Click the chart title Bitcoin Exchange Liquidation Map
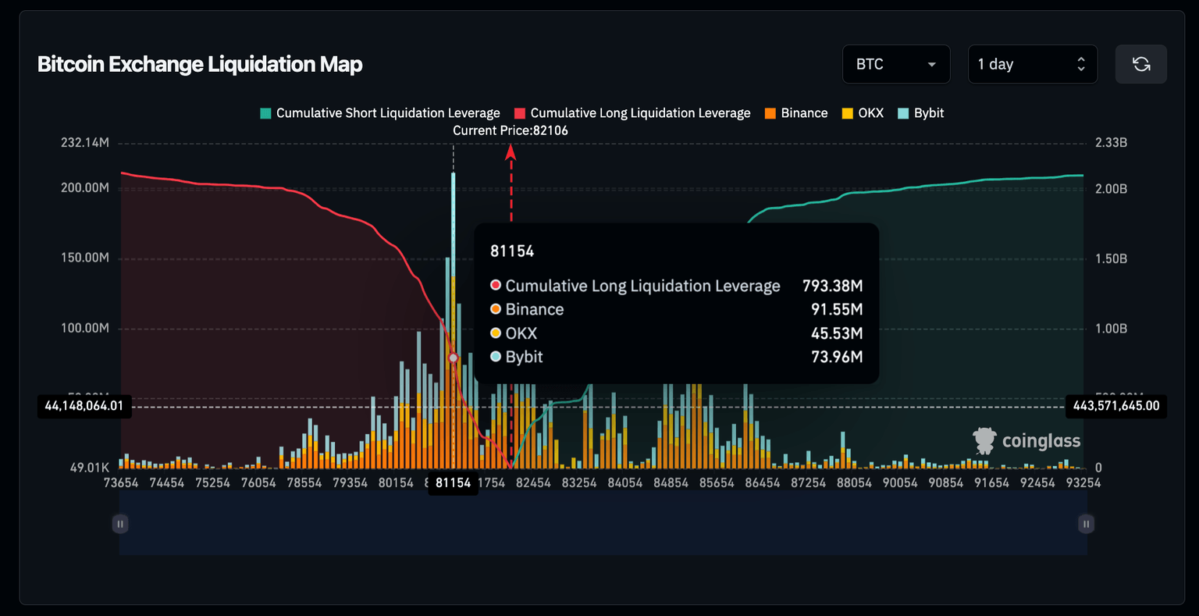(200, 64)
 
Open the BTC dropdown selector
(895, 64)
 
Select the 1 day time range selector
(1032, 64)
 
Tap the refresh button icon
(1140, 64)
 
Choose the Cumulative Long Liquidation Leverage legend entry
(632, 113)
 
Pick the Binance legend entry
(796, 113)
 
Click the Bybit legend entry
(921, 113)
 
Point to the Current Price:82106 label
(511, 130)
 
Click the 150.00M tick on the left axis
(85, 258)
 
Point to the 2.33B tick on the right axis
(1111, 143)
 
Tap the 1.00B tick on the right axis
(1111, 328)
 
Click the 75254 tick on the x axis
(212, 482)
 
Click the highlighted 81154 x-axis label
(453, 482)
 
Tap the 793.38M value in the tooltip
(832, 286)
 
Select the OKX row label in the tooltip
(521, 333)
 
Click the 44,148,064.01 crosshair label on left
(84, 406)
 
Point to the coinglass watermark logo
(1026, 441)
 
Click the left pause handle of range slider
(120, 524)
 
